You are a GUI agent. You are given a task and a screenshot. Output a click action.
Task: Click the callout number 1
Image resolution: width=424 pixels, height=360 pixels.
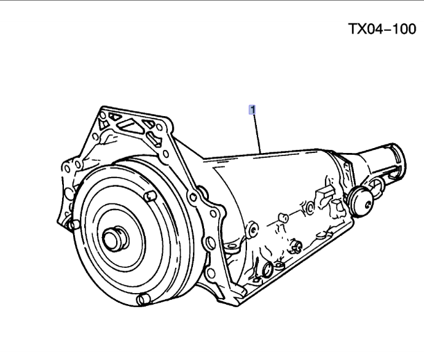pos(251,111)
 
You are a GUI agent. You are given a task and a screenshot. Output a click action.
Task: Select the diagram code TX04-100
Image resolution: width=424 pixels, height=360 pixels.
pos(382,29)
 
